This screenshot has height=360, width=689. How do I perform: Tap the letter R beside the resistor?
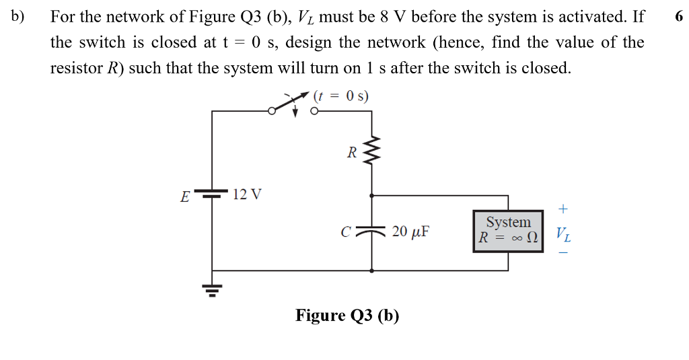pos(351,153)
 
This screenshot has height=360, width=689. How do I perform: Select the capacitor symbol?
pos(372,231)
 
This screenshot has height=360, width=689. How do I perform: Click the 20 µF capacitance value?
pos(410,232)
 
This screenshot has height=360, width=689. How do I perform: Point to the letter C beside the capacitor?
pos(346,233)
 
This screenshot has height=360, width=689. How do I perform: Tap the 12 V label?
pos(247,195)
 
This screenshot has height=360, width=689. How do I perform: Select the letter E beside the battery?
pos(184,197)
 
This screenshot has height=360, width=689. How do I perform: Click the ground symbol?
pos(212,290)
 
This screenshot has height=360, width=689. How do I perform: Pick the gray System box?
pos(508,230)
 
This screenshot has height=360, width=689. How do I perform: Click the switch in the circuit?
pos(294,107)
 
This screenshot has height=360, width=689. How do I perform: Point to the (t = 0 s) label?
pos(341,96)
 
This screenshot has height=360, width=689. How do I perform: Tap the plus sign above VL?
pos(563,209)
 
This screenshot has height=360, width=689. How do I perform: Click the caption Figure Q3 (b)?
pos(347,316)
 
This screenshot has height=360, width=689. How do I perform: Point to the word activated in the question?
pos(589,17)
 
